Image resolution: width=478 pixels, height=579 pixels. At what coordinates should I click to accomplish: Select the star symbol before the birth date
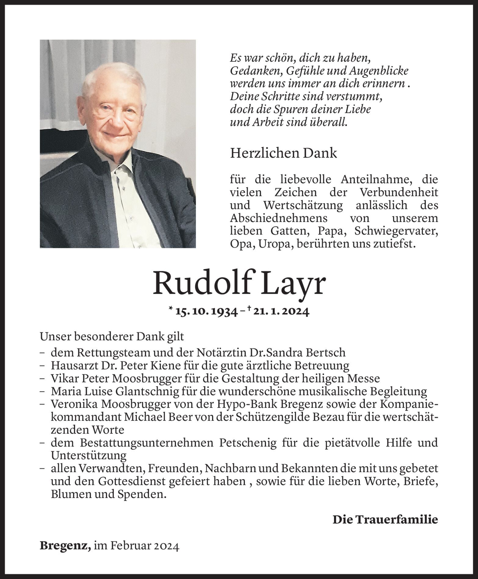170,310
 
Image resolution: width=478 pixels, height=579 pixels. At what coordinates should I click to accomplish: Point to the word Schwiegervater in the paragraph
396,231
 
